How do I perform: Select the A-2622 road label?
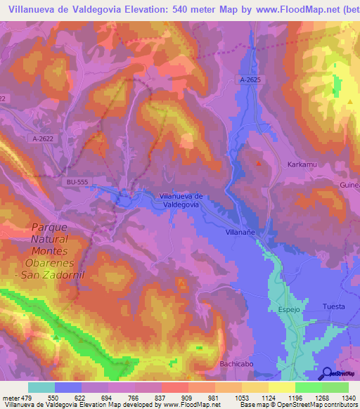pos(43,139)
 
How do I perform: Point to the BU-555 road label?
pos(77,181)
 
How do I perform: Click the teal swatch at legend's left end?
pos(41,387)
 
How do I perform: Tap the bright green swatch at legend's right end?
pos(335,387)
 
